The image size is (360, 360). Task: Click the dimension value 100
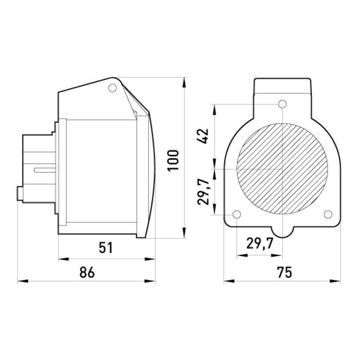click(x=173, y=161)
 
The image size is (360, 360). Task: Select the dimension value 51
click(x=106, y=248)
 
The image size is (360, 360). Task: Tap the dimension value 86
click(x=87, y=272)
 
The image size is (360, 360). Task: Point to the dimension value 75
click(x=284, y=272)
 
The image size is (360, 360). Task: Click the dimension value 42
click(x=203, y=136)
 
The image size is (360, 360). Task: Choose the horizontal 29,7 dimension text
click(x=260, y=243)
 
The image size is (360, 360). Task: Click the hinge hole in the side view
click(x=112, y=88)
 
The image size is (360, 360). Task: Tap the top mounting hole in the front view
click(x=283, y=104)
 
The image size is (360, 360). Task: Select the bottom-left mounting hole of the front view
click(x=237, y=215)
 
